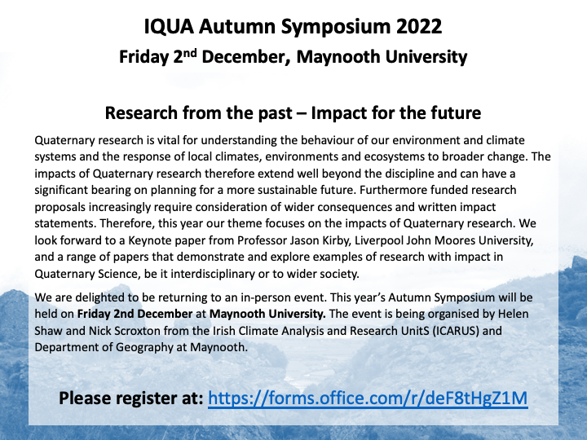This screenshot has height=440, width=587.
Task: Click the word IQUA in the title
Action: pyautogui.click(x=169, y=27)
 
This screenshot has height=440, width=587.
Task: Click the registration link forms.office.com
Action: pyautogui.click(x=368, y=398)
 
